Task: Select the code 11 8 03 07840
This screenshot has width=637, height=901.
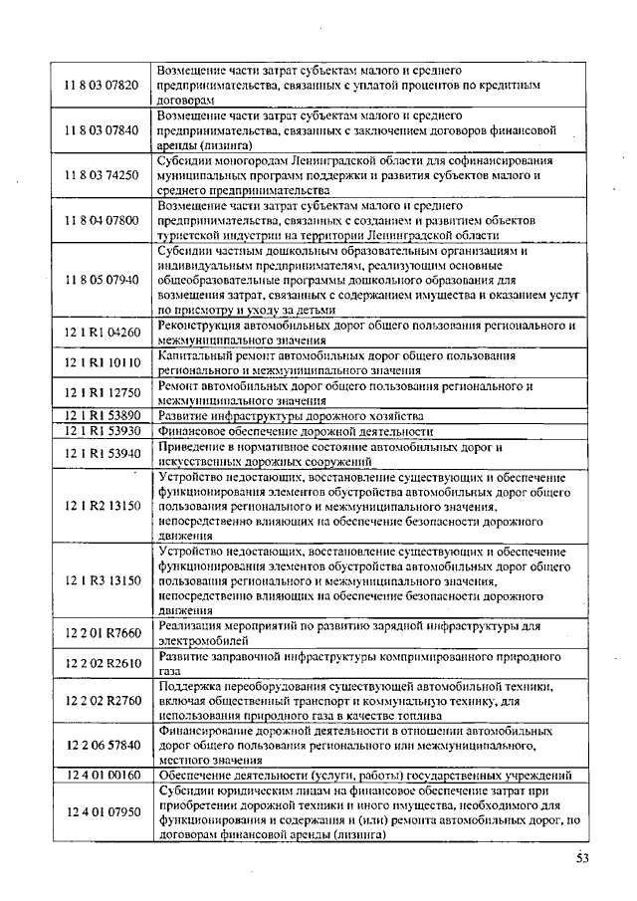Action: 103,130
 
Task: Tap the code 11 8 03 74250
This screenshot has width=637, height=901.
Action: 103,175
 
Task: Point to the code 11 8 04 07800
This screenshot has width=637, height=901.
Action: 103,220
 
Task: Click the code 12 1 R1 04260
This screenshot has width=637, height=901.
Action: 103,333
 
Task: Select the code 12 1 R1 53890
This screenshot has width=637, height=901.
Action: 103,415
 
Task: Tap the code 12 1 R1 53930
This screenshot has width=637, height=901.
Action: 103,430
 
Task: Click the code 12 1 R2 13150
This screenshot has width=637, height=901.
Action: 103,506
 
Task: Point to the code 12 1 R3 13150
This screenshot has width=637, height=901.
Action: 103,579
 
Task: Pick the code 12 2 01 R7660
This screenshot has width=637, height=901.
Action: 103,633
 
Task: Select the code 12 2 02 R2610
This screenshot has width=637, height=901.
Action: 103,664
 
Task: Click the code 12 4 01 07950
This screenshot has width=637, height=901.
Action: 103,813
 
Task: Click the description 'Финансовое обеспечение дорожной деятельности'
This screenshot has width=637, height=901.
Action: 296,431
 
